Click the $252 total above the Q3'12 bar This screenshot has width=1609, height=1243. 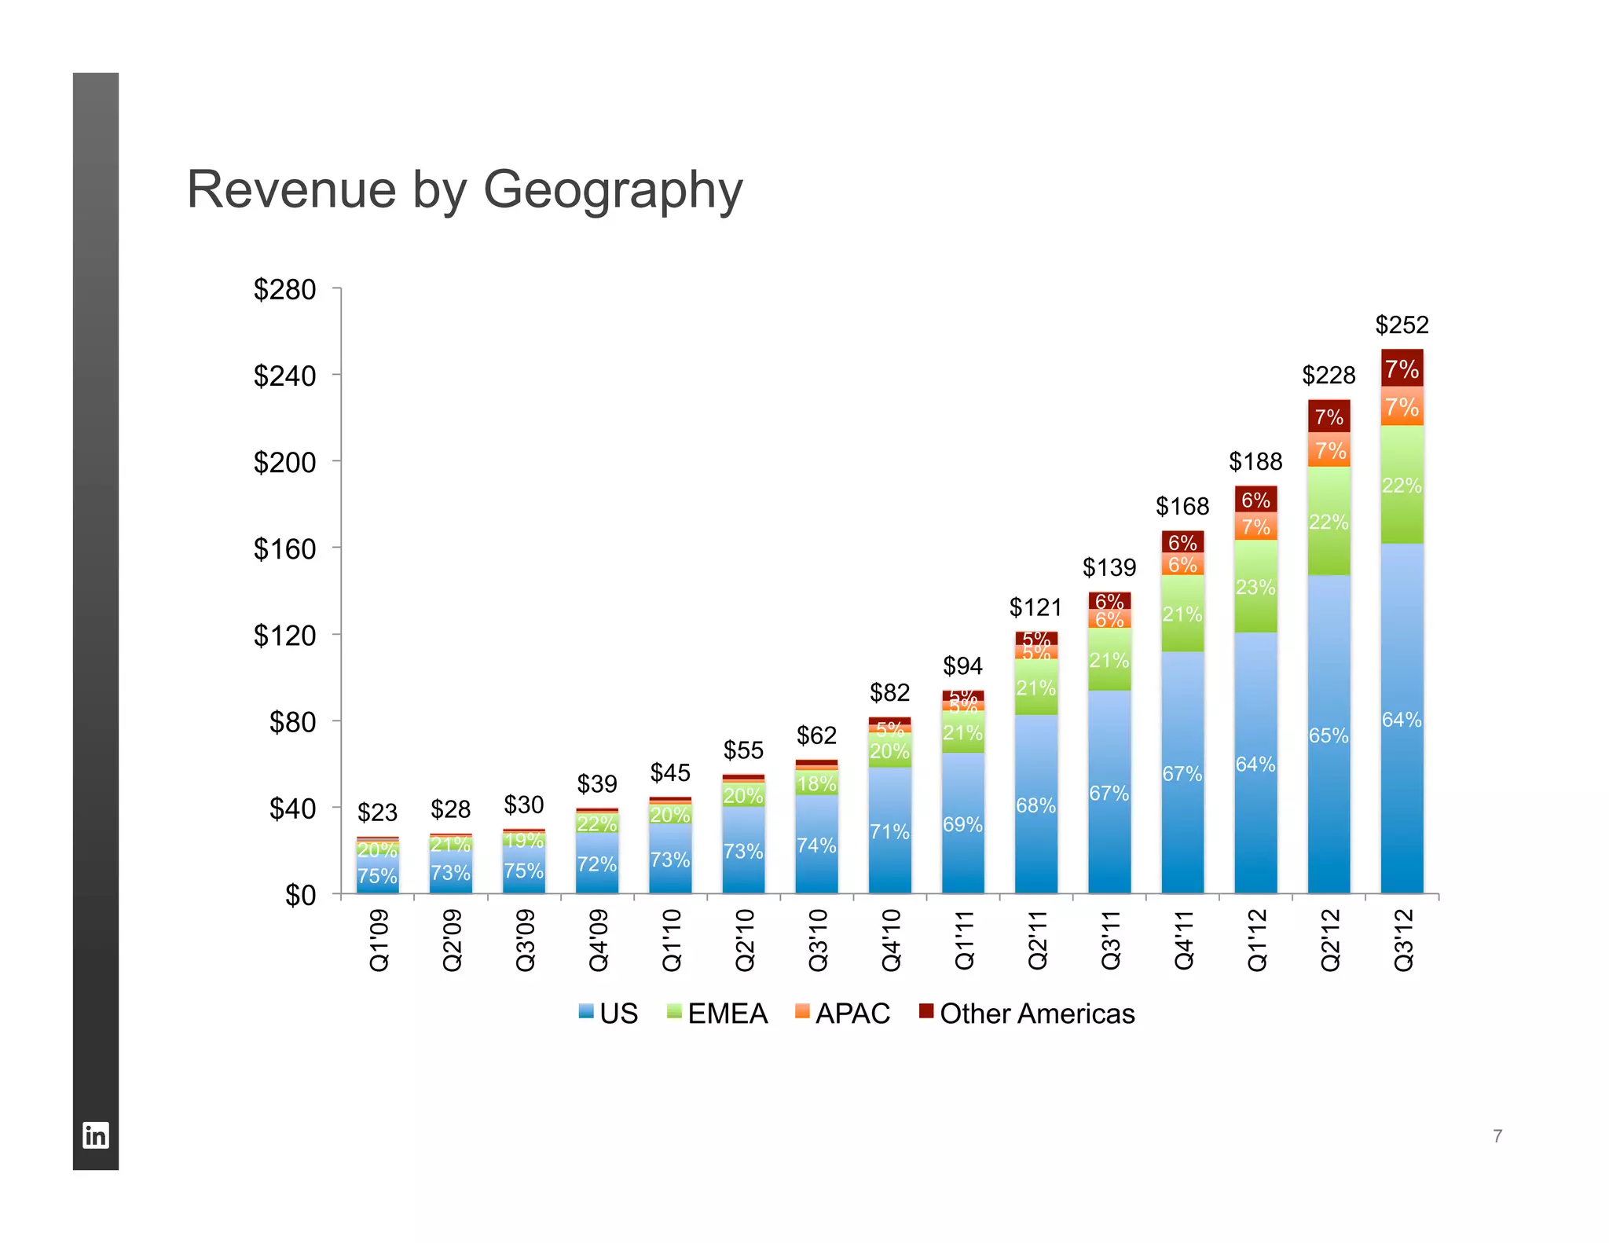(x=1402, y=324)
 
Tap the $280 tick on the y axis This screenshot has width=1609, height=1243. (x=284, y=290)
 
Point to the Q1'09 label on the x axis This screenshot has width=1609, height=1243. (x=379, y=940)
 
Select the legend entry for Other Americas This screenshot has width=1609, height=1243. (x=1027, y=1014)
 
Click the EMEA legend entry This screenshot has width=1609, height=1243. (x=717, y=1014)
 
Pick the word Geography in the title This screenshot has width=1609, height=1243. (x=613, y=191)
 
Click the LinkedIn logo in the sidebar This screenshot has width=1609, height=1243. (x=96, y=1135)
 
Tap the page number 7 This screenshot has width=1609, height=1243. (x=1497, y=1136)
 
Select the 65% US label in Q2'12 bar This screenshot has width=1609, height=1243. (x=1329, y=736)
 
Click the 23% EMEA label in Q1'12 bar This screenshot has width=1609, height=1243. (x=1255, y=588)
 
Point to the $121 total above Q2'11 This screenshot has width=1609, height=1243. (x=1035, y=607)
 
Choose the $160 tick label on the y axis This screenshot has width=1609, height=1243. (x=284, y=549)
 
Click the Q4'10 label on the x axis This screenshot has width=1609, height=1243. (x=891, y=940)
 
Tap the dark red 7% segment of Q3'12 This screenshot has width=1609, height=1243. (x=1402, y=368)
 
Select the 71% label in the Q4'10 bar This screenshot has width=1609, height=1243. (x=889, y=831)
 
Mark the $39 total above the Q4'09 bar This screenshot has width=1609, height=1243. (x=597, y=783)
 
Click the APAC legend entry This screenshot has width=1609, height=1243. (x=842, y=1014)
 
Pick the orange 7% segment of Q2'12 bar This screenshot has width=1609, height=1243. (x=1329, y=450)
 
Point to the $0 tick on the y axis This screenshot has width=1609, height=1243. (x=300, y=895)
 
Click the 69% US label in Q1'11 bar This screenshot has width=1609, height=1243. (x=962, y=824)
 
